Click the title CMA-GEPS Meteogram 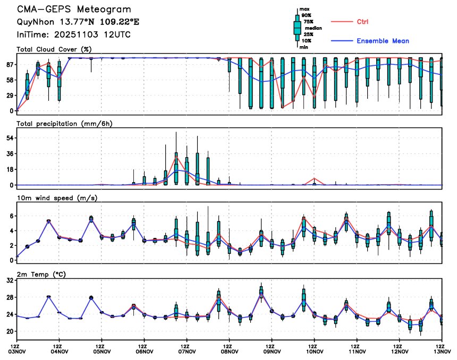coord(73,10)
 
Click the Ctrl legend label coord(363,21)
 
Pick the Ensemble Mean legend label coord(383,41)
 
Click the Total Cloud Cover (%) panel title coord(54,49)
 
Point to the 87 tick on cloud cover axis coord(9,64)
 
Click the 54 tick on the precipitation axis coord(9,138)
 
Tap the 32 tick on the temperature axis coord(9,282)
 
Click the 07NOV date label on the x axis coord(187,350)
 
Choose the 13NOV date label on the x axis coord(442,350)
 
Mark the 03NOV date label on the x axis coord(17,350)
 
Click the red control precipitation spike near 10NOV coord(315,178)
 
